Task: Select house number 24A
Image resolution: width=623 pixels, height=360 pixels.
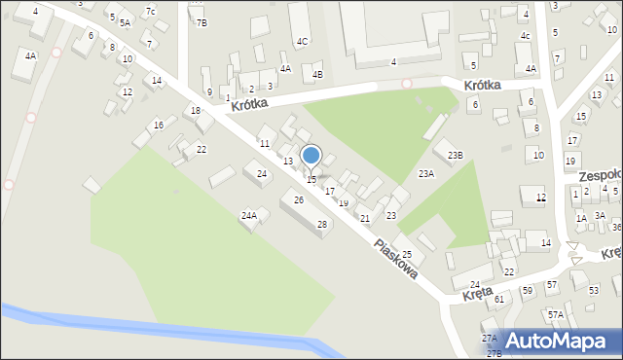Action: (x=249, y=215)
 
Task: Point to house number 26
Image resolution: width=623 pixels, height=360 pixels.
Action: (x=298, y=199)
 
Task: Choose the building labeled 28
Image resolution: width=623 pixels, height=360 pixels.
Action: (x=322, y=224)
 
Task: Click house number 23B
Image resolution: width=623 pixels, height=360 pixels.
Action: (x=455, y=155)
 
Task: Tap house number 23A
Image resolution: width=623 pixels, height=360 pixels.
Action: (x=425, y=173)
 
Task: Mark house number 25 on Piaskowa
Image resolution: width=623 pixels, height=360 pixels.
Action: (x=407, y=254)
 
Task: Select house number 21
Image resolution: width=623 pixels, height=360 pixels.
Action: (x=365, y=218)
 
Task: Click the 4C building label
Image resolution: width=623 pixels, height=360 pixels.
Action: (x=303, y=41)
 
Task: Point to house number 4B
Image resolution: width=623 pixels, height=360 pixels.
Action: (x=317, y=74)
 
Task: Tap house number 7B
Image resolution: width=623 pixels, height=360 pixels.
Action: (x=202, y=21)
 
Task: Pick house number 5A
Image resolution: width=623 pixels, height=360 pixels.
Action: (x=125, y=21)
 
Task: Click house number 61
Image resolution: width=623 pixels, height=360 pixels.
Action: (x=499, y=299)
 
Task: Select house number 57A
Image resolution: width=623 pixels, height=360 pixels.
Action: (x=555, y=314)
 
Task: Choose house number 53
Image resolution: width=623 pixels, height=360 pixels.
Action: (x=594, y=290)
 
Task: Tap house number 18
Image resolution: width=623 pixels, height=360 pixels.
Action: (x=196, y=111)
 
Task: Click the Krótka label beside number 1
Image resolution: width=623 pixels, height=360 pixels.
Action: (x=249, y=100)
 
